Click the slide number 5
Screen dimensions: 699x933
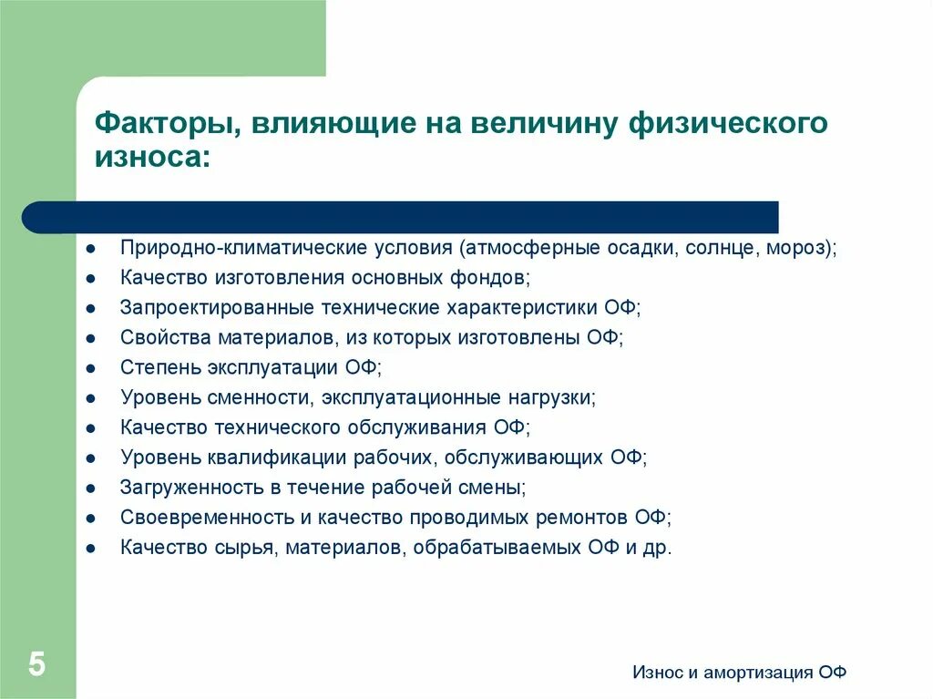pyautogui.click(x=36, y=663)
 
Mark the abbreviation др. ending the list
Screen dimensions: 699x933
pyautogui.click(x=658, y=548)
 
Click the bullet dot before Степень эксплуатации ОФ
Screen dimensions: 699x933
pyautogui.click(x=91, y=368)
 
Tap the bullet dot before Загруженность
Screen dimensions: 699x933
pyautogui.click(x=91, y=488)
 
